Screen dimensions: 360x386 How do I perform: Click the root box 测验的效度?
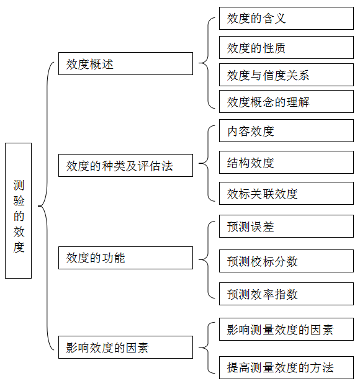pos(18,210)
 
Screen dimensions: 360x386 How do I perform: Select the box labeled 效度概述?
pos(125,63)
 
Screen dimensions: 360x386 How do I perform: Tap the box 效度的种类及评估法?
pos(125,166)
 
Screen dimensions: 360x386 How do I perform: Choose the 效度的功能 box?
pos(125,258)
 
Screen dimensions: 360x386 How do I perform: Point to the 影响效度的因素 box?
pos(125,347)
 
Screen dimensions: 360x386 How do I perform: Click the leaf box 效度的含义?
pos(286,19)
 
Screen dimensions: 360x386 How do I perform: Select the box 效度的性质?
pos(286,48)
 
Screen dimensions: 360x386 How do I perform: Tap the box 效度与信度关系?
pos(286,75)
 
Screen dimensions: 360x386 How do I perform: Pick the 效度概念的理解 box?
pos(286,101)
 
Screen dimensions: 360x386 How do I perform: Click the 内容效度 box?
pos(286,131)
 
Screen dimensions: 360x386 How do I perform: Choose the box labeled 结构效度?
pos(286,162)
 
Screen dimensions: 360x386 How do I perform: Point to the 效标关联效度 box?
pos(286,193)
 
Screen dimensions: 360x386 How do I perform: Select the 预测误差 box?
pos(286,227)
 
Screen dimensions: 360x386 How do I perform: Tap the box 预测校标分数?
pos(286,261)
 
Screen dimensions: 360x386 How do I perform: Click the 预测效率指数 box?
pos(286,294)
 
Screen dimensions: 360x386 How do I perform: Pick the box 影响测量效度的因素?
pos(286,329)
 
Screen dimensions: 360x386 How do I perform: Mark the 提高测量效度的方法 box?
pos(286,367)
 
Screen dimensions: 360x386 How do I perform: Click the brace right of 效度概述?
pos(208,63)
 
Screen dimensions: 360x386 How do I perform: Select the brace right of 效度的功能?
pos(208,260)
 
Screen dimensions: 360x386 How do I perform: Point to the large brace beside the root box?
pos(47,206)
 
